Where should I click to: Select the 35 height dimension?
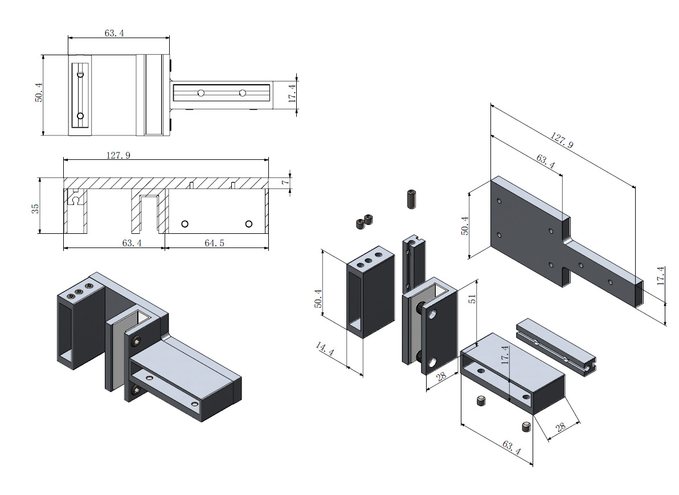pyautogui.click(x=36, y=207)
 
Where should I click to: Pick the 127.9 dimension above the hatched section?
pyautogui.click(x=118, y=155)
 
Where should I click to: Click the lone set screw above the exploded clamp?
pyautogui.click(x=412, y=199)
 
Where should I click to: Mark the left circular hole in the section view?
pyautogui.click(x=185, y=224)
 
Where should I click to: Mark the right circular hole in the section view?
pyautogui.click(x=248, y=224)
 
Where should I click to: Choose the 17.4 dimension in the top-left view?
pyautogui.click(x=292, y=93)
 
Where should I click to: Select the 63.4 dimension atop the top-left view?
pyautogui.click(x=114, y=33)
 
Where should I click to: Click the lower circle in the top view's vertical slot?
pyautogui.click(x=80, y=116)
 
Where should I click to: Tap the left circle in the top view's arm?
pyautogui.click(x=201, y=93)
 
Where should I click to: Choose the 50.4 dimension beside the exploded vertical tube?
pyautogui.click(x=318, y=298)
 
